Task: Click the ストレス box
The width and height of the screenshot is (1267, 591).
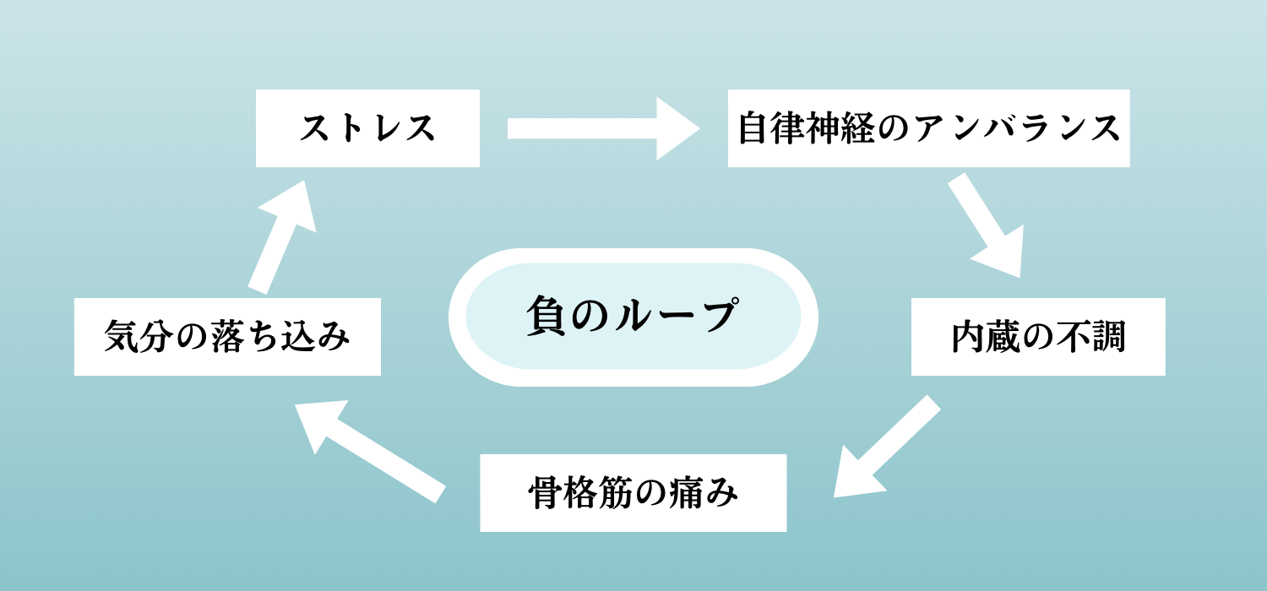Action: point(367,128)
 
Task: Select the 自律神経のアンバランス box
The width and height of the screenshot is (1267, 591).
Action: point(928,128)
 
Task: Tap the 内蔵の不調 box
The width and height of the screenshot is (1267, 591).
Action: point(1038,337)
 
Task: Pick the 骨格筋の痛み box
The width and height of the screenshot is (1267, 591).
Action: point(633,493)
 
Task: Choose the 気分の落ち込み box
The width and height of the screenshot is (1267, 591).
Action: point(227,337)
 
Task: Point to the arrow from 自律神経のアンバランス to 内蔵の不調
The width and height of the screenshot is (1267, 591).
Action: point(985,227)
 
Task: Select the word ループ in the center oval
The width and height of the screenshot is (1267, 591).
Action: point(672,317)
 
